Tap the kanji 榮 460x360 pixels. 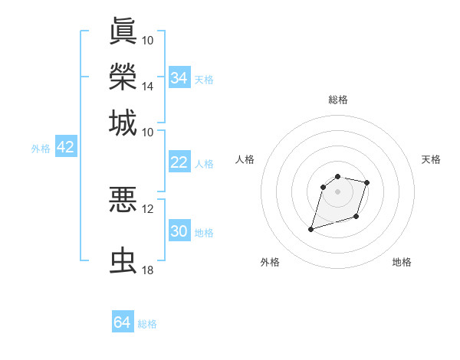(123, 76)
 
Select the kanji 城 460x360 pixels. (123, 123)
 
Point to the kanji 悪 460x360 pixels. (123, 199)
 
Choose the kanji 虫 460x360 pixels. (123, 261)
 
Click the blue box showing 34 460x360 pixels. (179, 77)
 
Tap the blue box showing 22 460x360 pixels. (179, 162)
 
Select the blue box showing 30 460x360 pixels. (179, 232)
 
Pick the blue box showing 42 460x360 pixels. (65, 148)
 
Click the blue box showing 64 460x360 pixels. (122, 322)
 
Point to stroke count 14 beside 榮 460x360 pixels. (148, 86)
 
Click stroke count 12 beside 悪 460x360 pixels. (148, 208)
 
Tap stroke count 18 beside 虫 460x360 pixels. (148, 271)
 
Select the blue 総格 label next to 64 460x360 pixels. (147, 324)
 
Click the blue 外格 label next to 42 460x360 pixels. (41, 149)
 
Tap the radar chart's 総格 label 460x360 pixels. (338, 100)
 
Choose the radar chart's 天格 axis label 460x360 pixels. (431, 159)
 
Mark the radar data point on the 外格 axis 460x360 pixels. (311, 229)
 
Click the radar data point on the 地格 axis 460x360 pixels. (356, 216)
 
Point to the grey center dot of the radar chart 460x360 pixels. (338, 191)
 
